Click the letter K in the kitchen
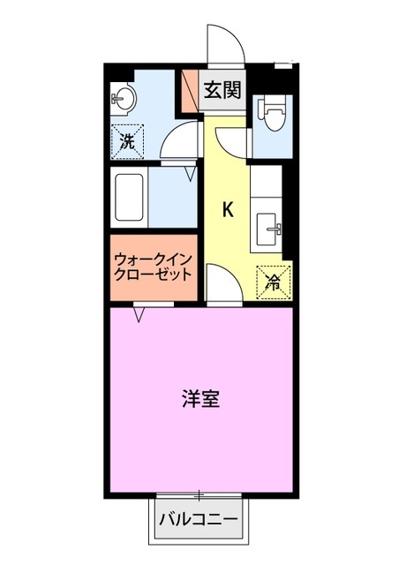(228, 210)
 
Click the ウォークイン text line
(151, 260)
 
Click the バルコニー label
(199, 519)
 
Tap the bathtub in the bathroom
(129, 199)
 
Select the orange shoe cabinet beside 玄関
(189, 90)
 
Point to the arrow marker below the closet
(139, 313)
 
